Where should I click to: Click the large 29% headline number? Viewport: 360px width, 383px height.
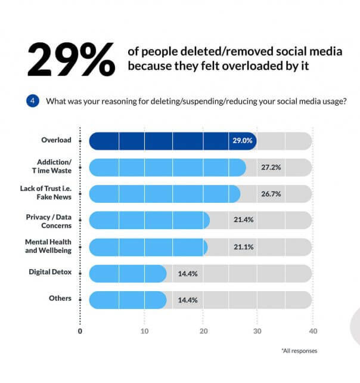click(x=70, y=59)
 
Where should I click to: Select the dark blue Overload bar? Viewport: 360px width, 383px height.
click(x=173, y=141)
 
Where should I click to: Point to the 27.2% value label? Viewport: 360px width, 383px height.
click(x=271, y=168)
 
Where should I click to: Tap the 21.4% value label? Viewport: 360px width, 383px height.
click(x=243, y=220)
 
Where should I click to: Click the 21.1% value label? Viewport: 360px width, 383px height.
click(x=241, y=246)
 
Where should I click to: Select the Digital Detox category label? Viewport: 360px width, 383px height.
click(x=50, y=272)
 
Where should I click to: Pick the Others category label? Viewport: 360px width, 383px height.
click(x=61, y=298)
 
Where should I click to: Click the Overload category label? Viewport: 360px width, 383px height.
click(x=56, y=140)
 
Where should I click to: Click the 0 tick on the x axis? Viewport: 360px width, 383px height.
click(x=80, y=331)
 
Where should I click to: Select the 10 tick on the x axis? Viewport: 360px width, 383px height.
click(x=144, y=331)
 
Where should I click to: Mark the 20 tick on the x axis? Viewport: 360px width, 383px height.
click(x=204, y=331)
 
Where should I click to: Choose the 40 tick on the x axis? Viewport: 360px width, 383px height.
click(x=314, y=331)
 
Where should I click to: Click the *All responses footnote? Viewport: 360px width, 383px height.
click(x=299, y=351)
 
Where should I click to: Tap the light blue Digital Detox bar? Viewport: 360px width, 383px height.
click(x=128, y=273)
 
